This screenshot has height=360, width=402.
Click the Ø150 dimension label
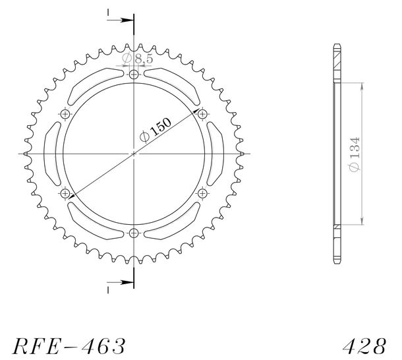(156, 130)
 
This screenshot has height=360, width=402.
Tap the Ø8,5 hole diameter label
(138, 59)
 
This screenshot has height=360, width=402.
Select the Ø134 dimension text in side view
(355, 154)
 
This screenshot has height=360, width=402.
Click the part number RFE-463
(69, 346)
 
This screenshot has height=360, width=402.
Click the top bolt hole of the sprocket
(134, 75)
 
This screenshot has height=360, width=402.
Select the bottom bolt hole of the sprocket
(134, 233)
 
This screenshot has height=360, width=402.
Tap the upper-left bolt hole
(65, 114)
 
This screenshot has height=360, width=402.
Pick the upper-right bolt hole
(202, 114)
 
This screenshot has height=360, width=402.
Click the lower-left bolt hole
(65, 193)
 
